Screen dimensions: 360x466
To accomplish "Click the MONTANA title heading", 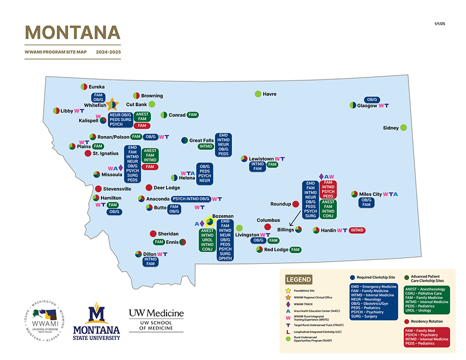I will pyautogui.click(x=73, y=32).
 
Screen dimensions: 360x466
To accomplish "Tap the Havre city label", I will pyautogui.click(x=270, y=94).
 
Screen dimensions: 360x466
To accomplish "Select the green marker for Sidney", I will pyautogui.click(x=404, y=127).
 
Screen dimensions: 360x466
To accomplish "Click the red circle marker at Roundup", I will pyautogui.click(x=295, y=204).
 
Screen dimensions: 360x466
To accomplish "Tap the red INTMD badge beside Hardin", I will pyautogui.click(x=357, y=230).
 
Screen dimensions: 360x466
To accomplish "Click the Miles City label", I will pyautogui.click(x=370, y=194).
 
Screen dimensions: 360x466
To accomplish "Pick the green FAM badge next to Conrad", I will pyautogui.click(x=193, y=115).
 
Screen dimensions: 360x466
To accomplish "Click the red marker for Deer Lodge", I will pyautogui.click(x=149, y=188).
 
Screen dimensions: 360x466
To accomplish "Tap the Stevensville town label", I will pyautogui.click(x=117, y=189).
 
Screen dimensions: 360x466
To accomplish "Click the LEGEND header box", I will pyautogui.click(x=298, y=280).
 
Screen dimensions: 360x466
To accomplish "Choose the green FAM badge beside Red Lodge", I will pyautogui.click(x=295, y=250).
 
